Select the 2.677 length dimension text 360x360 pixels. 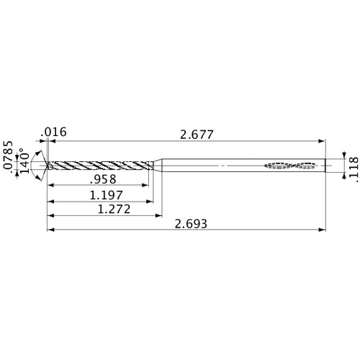coord(197,134)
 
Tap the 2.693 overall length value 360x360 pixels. coord(192,224)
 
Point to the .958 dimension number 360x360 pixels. coord(104,179)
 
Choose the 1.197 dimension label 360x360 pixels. coord(105,194)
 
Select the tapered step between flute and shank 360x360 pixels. coord(157,166)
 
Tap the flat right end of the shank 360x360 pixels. coord(324,166)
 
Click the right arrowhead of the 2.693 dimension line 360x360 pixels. coord(321,230)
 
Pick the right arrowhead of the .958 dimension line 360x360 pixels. coord(145,186)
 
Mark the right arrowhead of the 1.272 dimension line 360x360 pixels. coord(158,215)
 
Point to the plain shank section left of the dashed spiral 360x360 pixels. coord(216,166)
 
